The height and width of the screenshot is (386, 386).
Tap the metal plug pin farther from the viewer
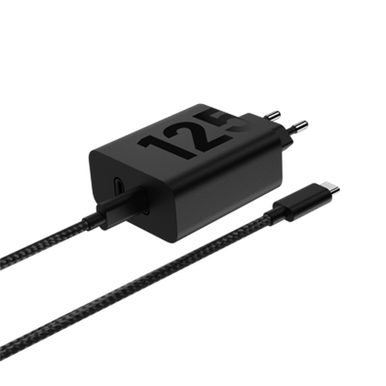pyautogui.click(x=271, y=113)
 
